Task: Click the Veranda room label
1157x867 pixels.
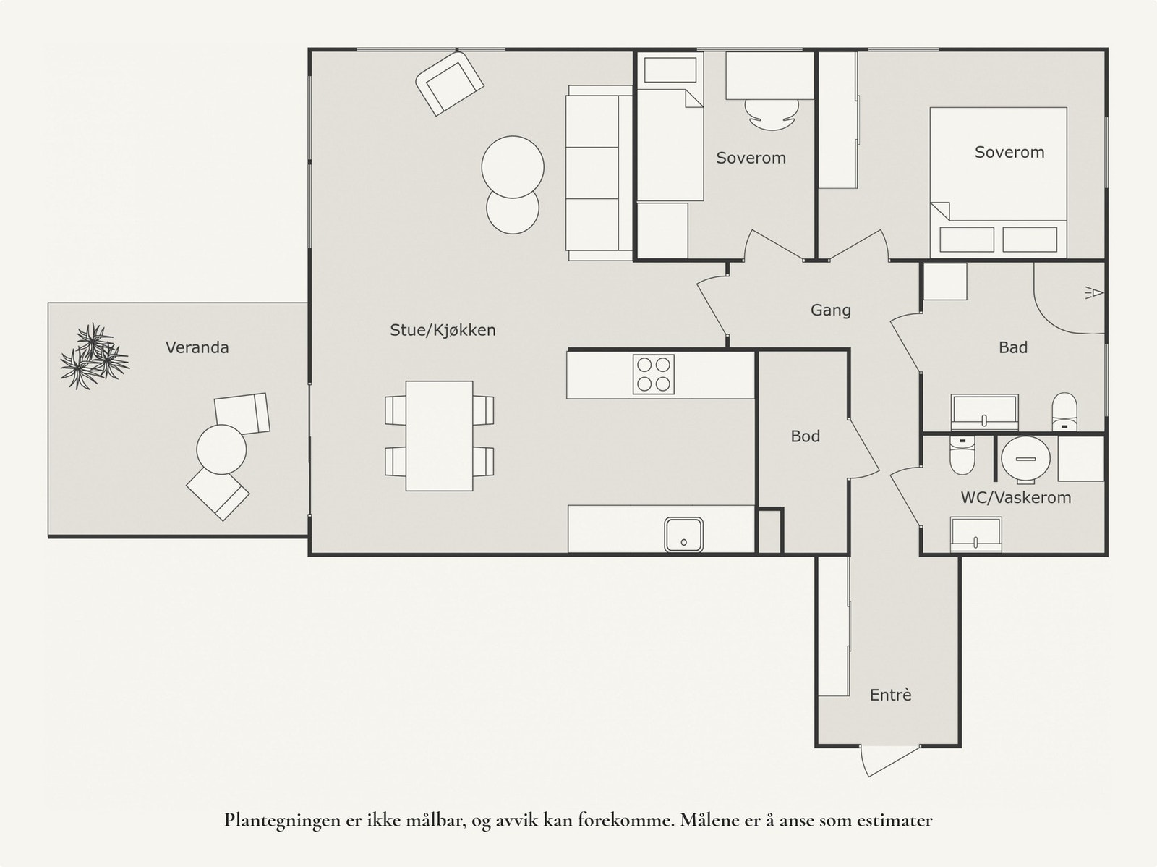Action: coord(197,347)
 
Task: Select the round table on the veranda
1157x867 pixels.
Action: coord(221,449)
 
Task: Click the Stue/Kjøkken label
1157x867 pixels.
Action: coord(443,330)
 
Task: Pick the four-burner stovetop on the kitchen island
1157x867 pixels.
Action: coord(653,374)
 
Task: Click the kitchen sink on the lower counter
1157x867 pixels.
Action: coord(683,535)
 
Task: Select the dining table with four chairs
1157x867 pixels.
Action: coord(439,436)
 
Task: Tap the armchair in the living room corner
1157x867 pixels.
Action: coord(449,83)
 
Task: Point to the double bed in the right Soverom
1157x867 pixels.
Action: coord(998,181)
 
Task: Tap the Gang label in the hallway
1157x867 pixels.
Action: coord(830,310)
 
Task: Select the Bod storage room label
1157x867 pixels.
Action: coord(805,436)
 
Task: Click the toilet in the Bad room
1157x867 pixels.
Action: coord(1064,411)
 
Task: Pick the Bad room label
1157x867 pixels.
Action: coord(1012,347)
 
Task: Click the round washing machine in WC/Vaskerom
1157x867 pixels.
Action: coord(1025,459)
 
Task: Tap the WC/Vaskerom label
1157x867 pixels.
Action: coord(1015,498)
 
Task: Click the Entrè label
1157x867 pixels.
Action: coord(890,695)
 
